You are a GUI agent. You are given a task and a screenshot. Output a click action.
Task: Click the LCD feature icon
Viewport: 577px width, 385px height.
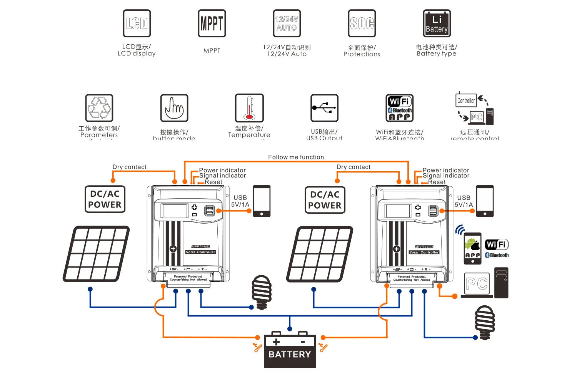(137, 23)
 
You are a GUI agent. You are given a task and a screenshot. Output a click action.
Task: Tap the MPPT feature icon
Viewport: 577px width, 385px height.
(212, 23)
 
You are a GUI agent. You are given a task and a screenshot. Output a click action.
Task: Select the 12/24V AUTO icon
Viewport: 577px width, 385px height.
(287, 23)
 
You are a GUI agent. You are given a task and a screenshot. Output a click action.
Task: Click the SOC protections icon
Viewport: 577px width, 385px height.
(362, 23)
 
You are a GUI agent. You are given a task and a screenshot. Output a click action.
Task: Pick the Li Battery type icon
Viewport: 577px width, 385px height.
(437, 23)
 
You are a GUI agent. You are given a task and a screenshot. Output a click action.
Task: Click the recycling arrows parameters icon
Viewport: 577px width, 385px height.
(99, 108)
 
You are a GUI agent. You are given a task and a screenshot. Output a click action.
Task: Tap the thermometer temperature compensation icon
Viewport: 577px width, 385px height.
(249, 108)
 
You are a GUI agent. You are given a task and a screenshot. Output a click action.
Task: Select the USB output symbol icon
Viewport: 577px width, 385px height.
(324, 108)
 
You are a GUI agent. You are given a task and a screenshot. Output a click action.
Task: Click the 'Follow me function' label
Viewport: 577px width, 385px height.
(296, 157)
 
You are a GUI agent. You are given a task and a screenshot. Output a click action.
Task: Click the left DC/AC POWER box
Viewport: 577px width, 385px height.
(105, 199)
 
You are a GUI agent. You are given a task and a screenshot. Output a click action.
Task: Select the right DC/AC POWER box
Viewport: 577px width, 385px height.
(325, 200)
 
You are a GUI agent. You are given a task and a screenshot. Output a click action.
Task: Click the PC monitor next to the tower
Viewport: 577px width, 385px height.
(477, 285)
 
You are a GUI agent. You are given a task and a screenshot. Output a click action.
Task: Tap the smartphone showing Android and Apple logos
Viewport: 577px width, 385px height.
(472, 248)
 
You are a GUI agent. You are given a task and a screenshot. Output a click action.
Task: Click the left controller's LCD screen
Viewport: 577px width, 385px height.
(175, 211)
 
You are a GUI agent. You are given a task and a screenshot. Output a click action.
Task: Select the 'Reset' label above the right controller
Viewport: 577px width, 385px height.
(437, 182)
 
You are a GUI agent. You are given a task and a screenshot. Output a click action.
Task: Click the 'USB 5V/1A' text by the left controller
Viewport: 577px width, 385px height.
(240, 201)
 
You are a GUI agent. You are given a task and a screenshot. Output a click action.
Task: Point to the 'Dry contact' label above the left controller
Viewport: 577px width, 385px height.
(129, 167)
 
